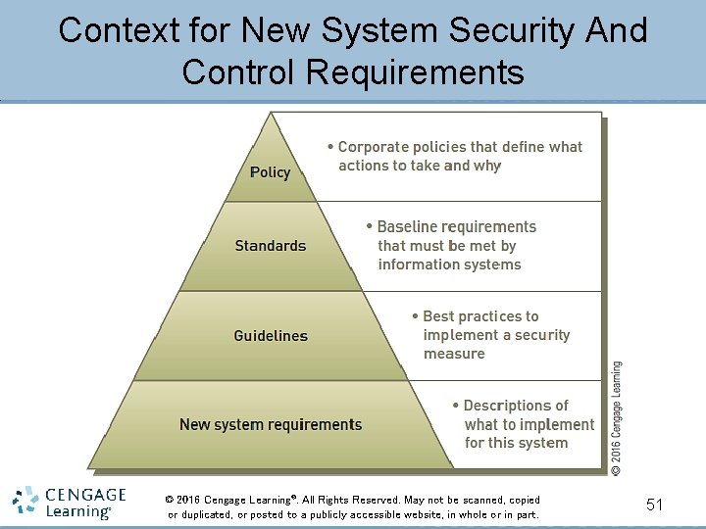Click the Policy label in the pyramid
pyautogui.click(x=270, y=172)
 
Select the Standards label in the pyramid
pyautogui.click(x=271, y=246)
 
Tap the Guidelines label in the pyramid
pyautogui.click(x=271, y=336)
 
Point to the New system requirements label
pyautogui.click(x=271, y=425)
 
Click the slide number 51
pyautogui.click(x=655, y=505)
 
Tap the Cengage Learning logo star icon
pyautogui.click(x=25, y=502)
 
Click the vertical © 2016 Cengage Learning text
pyautogui.click(x=616, y=418)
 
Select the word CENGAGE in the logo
pyautogui.click(x=84, y=495)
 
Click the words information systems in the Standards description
pyautogui.click(x=449, y=264)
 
